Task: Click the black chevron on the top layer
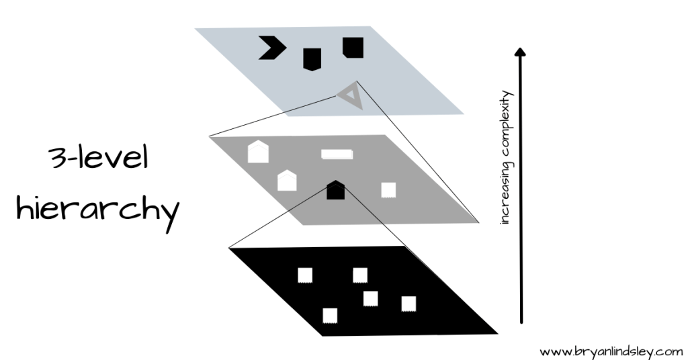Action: point(273,48)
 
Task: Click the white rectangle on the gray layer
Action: point(337,154)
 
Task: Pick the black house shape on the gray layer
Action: point(335,190)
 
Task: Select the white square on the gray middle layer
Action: point(388,190)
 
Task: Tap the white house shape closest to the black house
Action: point(287,180)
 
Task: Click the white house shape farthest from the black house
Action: point(258,152)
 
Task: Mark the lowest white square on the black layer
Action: point(330,315)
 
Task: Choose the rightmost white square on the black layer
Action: point(408,304)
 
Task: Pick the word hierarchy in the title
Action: point(97,208)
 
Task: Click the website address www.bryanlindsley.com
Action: point(611,351)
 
